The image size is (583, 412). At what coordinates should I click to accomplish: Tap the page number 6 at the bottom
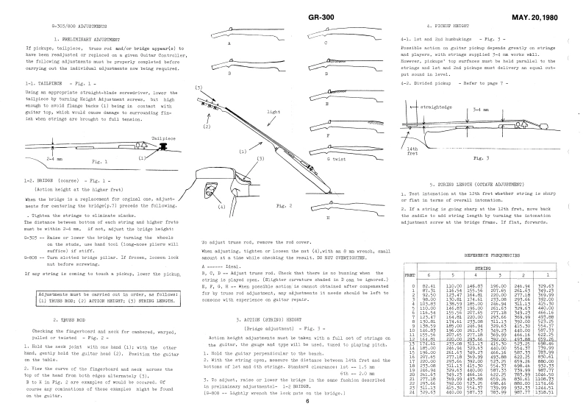point(307,401)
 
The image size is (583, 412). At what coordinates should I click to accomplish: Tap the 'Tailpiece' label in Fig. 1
point(164,137)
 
